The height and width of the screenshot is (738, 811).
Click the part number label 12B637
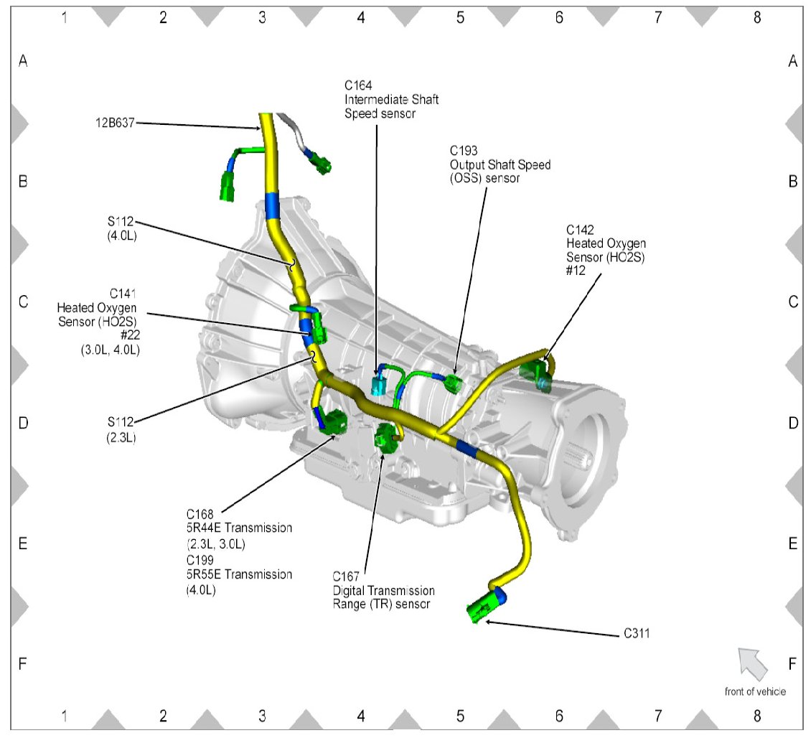click(x=114, y=123)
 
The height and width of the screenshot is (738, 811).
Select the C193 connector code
click(x=464, y=151)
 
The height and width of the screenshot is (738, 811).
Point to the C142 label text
click(x=580, y=230)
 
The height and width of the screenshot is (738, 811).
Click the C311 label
click(x=636, y=635)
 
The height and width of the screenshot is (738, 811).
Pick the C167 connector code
click(x=347, y=576)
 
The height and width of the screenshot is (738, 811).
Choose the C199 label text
click(x=200, y=559)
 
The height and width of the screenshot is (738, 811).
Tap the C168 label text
click(x=200, y=514)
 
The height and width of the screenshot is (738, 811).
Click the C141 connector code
click(x=123, y=294)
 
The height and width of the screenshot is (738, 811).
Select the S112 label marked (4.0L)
click(x=120, y=220)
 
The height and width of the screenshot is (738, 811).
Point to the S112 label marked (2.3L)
click(x=120, y=422)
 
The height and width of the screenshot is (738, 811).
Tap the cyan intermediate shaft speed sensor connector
click(x=378, y=385)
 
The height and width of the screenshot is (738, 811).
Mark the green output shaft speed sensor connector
click(x=453, y=384)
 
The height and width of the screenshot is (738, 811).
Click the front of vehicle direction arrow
click(x=751, y=661)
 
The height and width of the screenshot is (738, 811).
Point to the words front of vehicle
click(x=755, y=691)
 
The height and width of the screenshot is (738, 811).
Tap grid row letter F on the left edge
click(x=23, y=664)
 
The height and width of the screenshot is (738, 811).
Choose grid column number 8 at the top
click(x=756, y=17)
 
